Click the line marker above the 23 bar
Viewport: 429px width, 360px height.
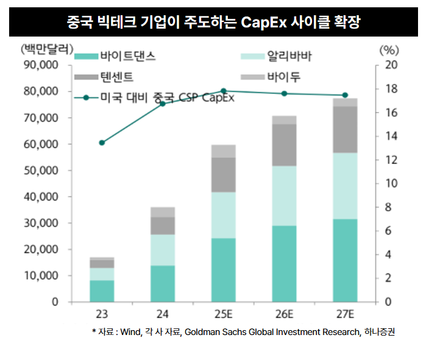[x=102, y=143]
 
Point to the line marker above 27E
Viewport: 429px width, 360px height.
[x=345, y=95]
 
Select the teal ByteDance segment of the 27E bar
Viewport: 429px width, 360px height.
[x=345, y=260]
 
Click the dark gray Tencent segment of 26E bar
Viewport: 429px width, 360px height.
[x=284, y=145]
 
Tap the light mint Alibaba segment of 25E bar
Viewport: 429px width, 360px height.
[x=223, y=215]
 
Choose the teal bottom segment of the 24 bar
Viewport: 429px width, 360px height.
[x=163, y=283]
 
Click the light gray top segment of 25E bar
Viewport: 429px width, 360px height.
[x=223, y=151]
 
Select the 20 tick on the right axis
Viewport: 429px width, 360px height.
[x=391, y=65]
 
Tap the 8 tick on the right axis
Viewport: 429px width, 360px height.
[x=388, y=207]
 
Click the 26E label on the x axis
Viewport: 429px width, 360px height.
[x=284, y=314]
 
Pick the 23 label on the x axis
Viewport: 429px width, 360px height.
[x=102, y=314]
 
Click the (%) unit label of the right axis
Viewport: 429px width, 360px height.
[x=388, y=49]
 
